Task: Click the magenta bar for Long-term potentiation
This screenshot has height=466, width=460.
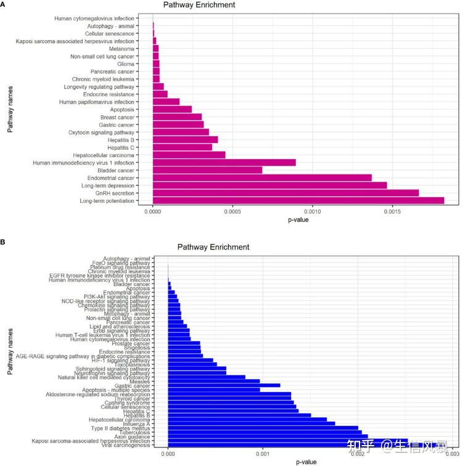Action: click(298, 200)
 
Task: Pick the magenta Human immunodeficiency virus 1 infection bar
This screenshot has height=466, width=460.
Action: click(224, 162)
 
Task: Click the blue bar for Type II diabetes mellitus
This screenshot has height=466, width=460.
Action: click(263, 427)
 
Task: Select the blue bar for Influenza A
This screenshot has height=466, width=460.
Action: click(252, 423)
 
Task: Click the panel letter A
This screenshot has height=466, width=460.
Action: click(4, 4)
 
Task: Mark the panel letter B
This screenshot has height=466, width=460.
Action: click(4, 242)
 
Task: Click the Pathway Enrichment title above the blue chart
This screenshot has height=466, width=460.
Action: click(213, 247)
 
